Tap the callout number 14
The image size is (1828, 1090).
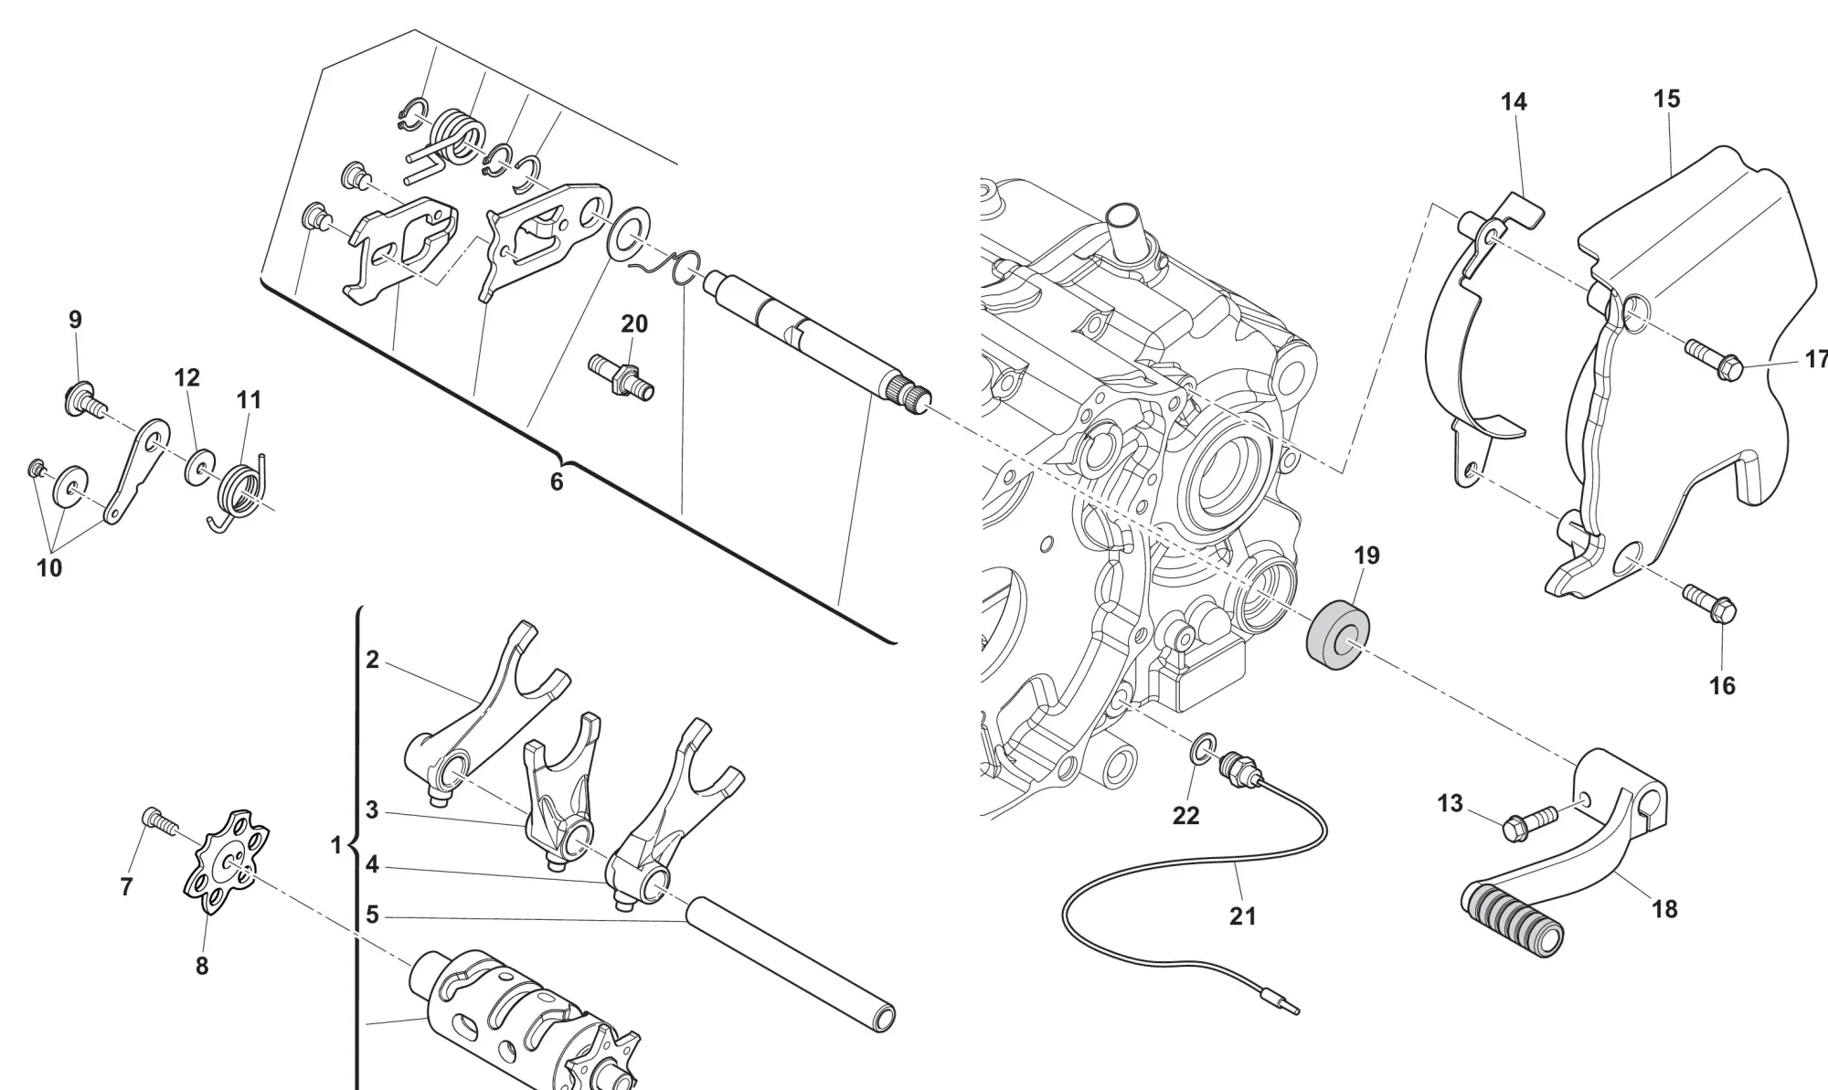coord(1514,102)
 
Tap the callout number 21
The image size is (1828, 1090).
coord(1242,915)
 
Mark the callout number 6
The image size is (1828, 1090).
coord(557,482)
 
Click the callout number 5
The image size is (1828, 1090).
coord(372,915)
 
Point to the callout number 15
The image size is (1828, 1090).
coord(1666,99)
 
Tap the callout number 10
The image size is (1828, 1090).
coord(49,567)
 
